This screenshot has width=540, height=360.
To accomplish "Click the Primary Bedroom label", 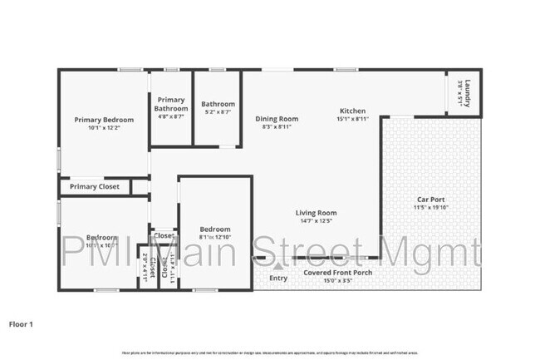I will [104, 119].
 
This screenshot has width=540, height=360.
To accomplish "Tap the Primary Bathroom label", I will [171, 104].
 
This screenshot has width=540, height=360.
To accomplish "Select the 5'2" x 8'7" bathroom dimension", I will [218, 112].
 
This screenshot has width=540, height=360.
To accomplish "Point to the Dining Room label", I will [276, 119].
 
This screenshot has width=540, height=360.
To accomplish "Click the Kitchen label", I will [352, 111].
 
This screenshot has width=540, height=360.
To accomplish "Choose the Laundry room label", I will [469, 91].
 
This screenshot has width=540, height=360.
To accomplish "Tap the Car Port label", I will [431, 200].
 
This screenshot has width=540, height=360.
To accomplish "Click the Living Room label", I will [316, 213].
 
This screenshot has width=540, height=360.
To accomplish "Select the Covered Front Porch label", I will [337, 273].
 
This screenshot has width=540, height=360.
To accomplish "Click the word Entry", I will [277, 278].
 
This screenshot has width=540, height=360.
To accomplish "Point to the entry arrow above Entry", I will [277, 266].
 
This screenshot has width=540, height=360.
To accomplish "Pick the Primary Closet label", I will [94, 187].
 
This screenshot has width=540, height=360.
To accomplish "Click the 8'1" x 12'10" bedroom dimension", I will [214, 237].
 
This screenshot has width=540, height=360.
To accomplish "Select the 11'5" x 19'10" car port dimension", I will [431, 208].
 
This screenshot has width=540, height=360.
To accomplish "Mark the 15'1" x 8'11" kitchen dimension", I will [352, 119].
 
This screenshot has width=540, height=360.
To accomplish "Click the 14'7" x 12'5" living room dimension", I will [316, 221].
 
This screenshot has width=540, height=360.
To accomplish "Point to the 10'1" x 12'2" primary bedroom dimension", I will [104, 127].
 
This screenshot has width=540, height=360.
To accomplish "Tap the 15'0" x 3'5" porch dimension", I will [337, 280].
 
